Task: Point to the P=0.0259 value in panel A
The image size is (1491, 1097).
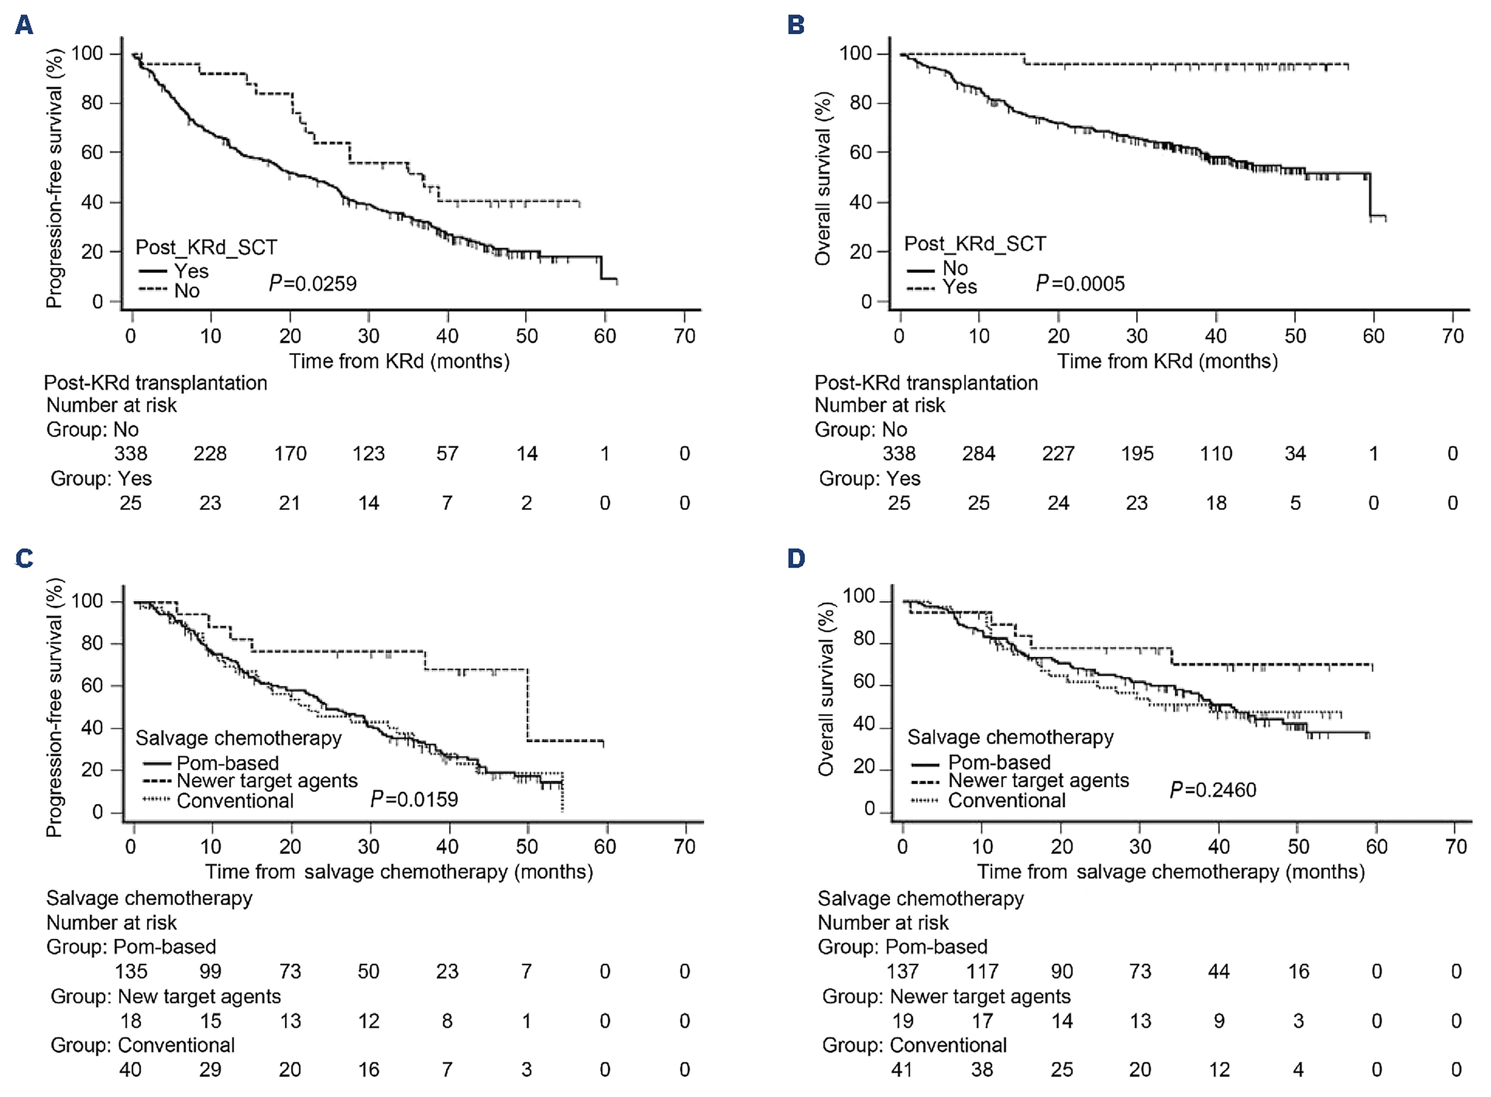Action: pyautogui.click(x=313, y=284)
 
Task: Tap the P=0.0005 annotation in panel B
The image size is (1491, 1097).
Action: pyautogui.click(x=1080, y=284)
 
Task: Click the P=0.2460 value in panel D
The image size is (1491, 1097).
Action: pyautogui.click(x=1213, y=790)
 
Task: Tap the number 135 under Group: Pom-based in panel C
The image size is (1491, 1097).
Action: pyautogui.click(x=131, y=972)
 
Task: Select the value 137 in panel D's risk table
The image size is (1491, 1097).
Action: pyautogui.click(x=902, y=972)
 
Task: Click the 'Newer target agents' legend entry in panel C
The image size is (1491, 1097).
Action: pyautogui.click(x=267, y=780)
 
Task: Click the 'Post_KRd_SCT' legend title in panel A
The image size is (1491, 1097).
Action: pyautogui.click(x=206, y=247)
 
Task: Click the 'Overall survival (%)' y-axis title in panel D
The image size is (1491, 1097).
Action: pyautogui.click(x=825, y=689)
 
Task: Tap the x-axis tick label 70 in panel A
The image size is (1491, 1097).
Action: pyautogui.click(x=684, y=336)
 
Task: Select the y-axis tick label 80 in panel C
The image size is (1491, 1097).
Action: pyautogui.click(x=92, y=644)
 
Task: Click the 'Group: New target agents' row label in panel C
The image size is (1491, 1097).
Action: pyautogui.click(x=166, y=996)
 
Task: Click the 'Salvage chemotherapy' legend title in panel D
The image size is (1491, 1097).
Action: pyautogui.click(x=1010, y=737)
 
